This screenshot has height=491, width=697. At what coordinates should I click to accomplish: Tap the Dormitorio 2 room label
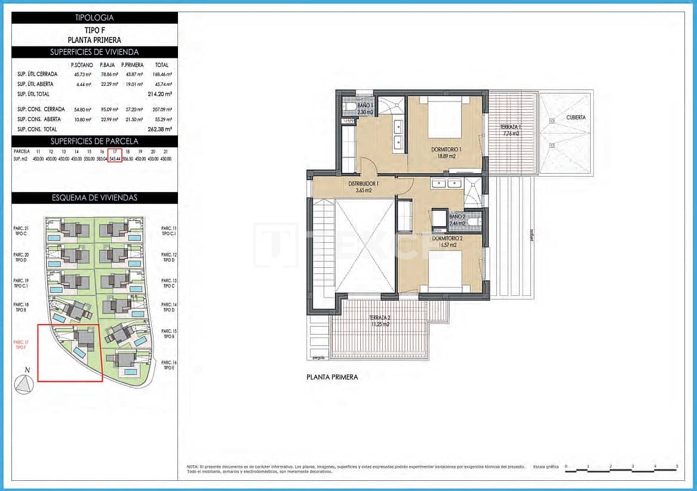(443, 241)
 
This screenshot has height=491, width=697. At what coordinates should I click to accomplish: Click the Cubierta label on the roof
(576, 118)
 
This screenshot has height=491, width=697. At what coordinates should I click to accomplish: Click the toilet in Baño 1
(349, 109)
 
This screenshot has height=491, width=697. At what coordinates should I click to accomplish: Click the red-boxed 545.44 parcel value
(115, 159)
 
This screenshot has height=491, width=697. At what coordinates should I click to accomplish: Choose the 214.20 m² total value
(159, 94)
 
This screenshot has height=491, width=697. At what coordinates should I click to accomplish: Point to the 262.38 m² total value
(159, 129)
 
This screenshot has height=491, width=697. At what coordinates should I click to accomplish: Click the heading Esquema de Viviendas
(94, 197)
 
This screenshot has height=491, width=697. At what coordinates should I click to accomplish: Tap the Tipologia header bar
(94, 18)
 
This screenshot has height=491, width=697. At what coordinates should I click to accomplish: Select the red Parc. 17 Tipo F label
(21, 344)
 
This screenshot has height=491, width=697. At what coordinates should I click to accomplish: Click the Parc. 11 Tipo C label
(169, 231)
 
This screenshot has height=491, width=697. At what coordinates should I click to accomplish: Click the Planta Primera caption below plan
(332, 377)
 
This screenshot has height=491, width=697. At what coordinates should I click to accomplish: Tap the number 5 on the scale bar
(677, 466)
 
